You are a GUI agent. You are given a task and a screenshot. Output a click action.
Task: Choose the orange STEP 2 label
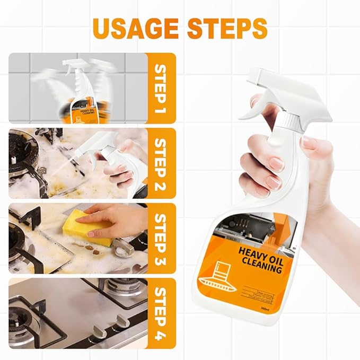[x=161, y=163]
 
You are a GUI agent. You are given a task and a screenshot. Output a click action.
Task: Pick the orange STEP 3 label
[x=161, y=238]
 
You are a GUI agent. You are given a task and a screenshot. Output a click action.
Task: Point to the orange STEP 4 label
[x=161, y=312]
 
